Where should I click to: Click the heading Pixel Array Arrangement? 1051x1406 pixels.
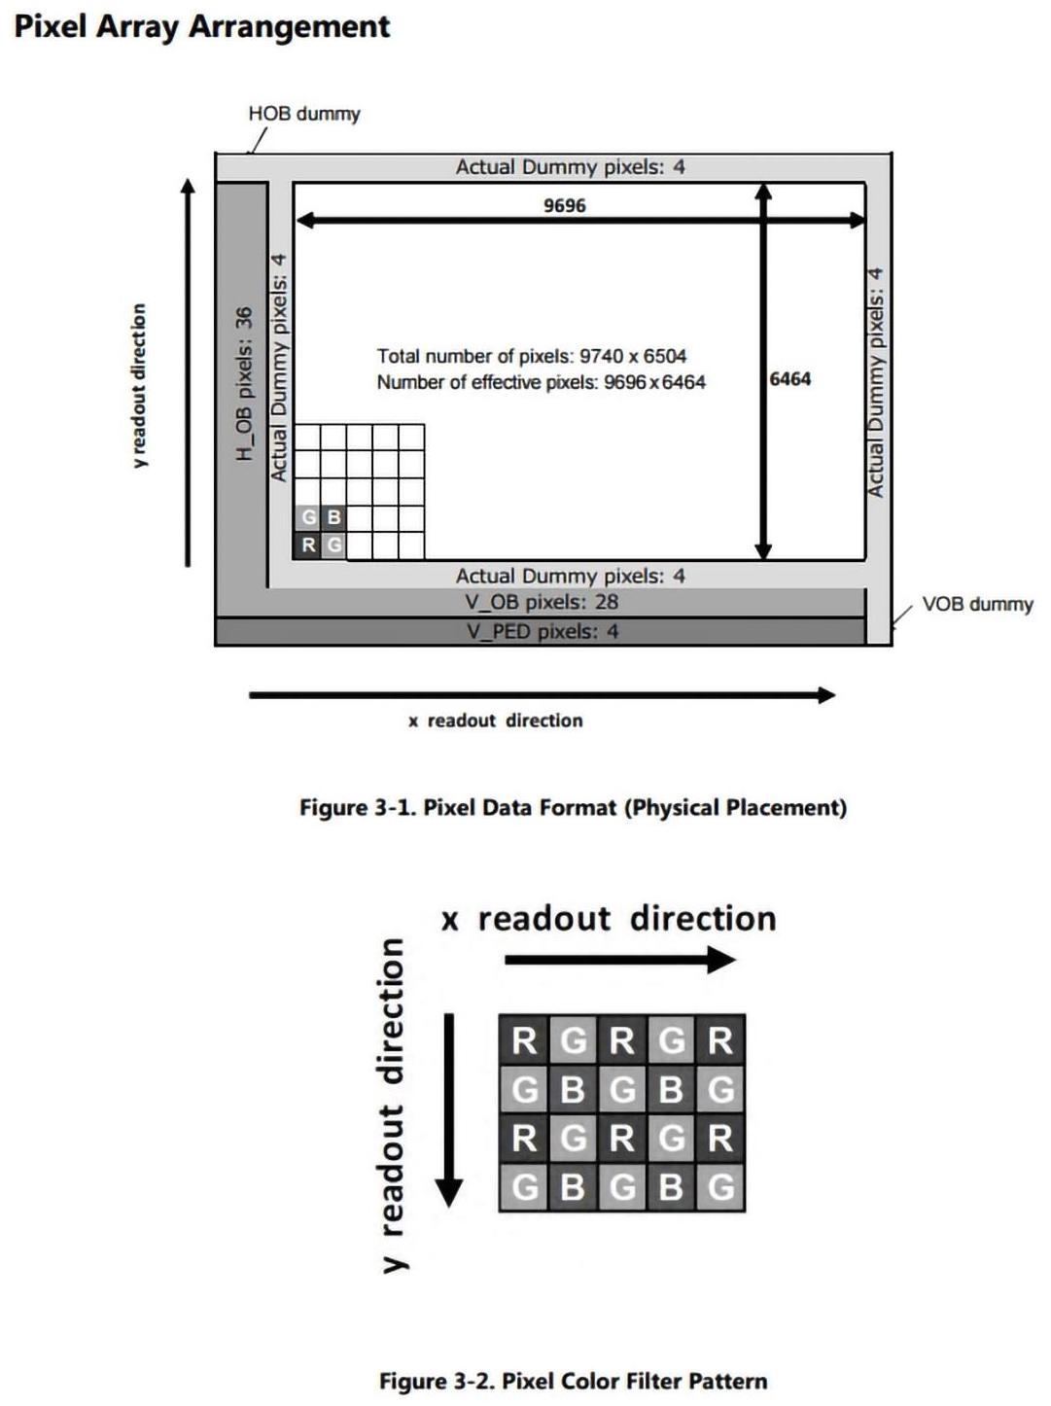click(202, 27)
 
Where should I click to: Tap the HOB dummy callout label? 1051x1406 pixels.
click(304, 114)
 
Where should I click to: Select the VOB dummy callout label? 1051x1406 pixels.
click(977, 604)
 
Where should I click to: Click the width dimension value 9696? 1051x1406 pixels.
click(564, 205)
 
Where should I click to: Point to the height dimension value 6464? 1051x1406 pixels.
click(789, 379)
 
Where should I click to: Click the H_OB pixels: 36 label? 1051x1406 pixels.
click(244, 384)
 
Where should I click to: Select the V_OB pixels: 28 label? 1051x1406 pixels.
click(542, 602)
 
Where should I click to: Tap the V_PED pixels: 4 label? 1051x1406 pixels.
click(542, 632)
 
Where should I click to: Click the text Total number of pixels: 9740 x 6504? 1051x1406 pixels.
click(532, 356)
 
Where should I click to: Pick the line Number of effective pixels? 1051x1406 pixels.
click(542, 382)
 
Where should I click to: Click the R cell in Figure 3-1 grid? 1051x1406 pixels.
click(307, 545)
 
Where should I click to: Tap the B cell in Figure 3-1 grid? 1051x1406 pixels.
click(333, 517)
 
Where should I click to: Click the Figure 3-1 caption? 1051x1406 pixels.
click(574, 807)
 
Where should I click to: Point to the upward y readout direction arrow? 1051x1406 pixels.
click(188, 372)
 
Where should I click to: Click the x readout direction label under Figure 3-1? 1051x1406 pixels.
click(496, 721)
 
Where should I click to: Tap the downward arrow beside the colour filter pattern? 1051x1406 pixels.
click(449, 1110)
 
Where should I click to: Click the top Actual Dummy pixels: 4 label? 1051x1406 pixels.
click(570, 167)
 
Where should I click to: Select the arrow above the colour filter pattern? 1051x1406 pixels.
click(620, 960)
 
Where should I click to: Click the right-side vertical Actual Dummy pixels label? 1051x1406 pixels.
click(876, 382)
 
